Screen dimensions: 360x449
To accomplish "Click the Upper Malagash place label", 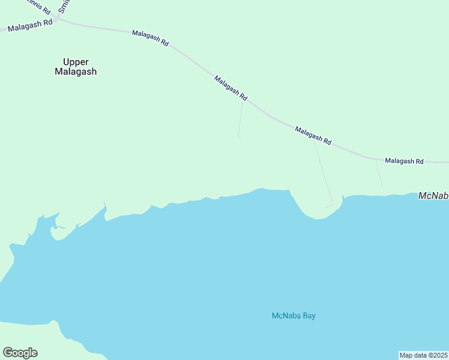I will [x=76, y=67].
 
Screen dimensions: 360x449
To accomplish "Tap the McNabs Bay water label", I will [x=294, y=316].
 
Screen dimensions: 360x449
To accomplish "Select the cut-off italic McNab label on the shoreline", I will [x=433, y=196].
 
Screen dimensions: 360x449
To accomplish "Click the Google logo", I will [x=20, y=353].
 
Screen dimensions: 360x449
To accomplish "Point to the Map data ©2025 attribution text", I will [x=424, y=355].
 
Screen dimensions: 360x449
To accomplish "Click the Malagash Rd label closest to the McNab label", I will [x=404, y=161].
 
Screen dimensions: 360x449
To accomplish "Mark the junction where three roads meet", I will [x=58, y=19].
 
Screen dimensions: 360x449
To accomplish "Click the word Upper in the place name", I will [x=76, y=61].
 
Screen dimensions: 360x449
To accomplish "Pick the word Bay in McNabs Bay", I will [x=309, y=316].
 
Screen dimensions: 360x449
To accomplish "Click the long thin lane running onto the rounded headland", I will [x=324, y=174].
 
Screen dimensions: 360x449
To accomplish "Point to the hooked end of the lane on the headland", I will [x=329, y=206].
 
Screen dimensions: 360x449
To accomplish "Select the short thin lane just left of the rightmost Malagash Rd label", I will [x=379, y=173].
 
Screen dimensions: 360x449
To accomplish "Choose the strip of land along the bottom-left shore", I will [x=36, y=339].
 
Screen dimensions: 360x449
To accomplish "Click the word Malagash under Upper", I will [x=76, y=72].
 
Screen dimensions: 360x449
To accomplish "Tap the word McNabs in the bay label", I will [x=286, y=316].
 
